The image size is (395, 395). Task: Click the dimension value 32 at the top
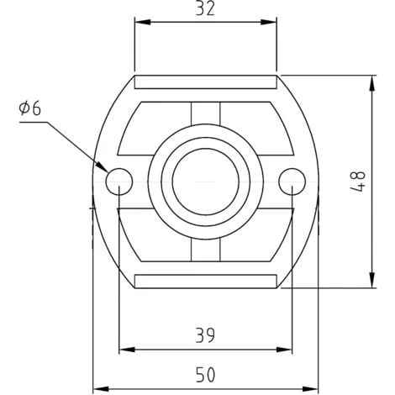click(x=205, y=9)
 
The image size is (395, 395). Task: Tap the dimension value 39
click(x=205, y=335)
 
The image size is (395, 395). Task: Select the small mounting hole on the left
click(x=118, y=180)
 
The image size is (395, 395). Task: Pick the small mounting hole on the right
click(x=292, y=180)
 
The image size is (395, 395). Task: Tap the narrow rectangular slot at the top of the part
click(x=205, y=82)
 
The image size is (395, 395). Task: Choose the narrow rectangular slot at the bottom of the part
click(x=205, y=279)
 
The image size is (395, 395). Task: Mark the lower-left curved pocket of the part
click(x=151, y=235)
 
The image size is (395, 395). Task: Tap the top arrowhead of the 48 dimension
click(x=371, y=82)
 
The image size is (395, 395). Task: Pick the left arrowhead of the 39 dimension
click(x=125, y=349)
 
